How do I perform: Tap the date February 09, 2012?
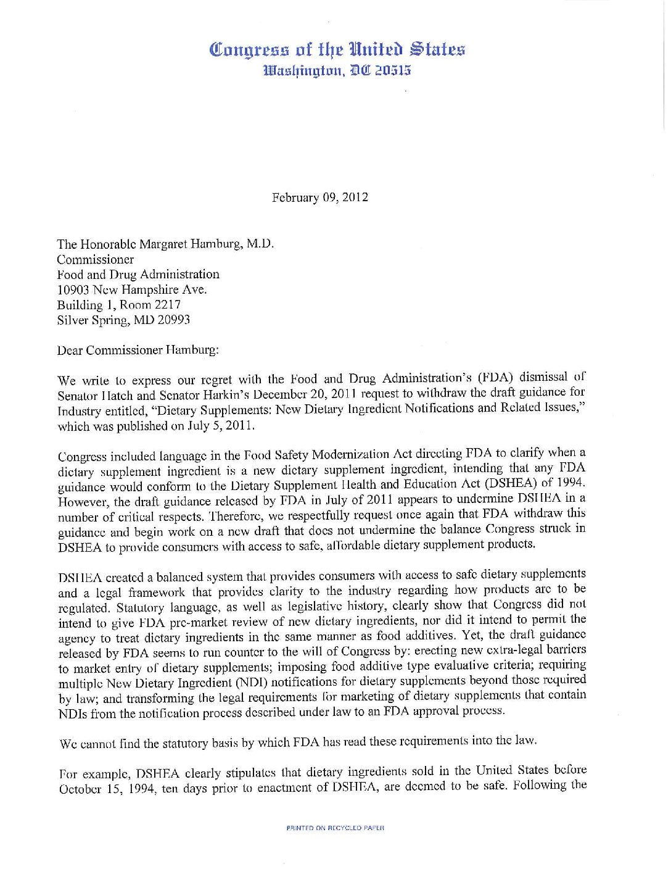319,197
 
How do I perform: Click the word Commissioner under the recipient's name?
96,259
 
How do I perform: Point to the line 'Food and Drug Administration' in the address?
138,274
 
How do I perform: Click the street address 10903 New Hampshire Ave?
132,289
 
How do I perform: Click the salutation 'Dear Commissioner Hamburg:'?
138,350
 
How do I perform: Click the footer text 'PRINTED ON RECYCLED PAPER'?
335,828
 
